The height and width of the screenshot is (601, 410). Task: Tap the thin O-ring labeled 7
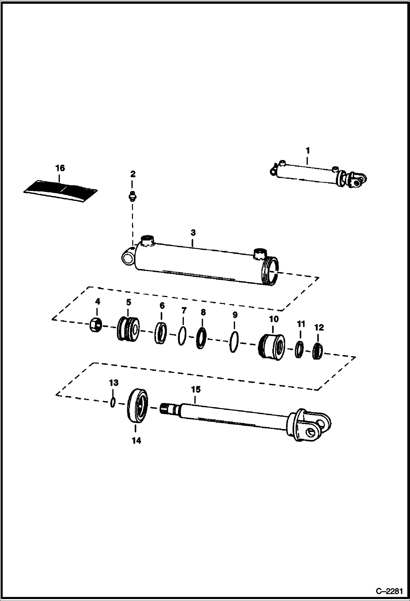tap(182, 336)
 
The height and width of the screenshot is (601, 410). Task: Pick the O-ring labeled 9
tap(234, 342)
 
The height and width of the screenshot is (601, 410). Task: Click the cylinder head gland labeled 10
tap(272, 347)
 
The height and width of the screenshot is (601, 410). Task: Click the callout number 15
tap(196, 390)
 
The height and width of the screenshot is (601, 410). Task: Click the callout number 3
tap(193, 233)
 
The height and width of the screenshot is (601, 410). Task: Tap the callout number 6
tap(162, 306)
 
